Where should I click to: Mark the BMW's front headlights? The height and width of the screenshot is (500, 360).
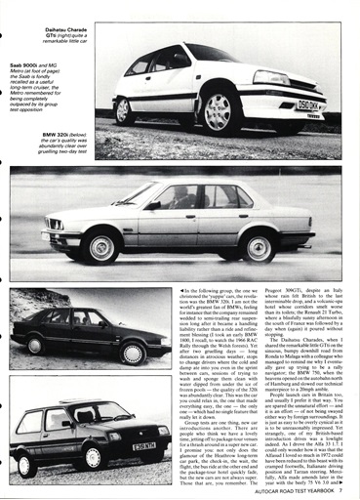[x=57, y=225]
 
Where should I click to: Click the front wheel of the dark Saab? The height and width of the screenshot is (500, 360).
[x=130, y=352]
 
